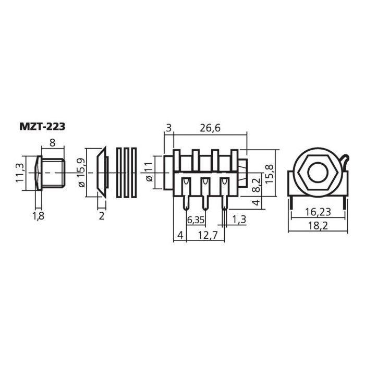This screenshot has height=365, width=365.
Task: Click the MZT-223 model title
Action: coord(42,127)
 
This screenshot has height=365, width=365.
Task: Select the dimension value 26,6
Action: coord(210,128)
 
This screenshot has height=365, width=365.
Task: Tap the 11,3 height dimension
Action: coord(20,173)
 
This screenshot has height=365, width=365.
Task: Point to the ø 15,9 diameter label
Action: coord(81,173)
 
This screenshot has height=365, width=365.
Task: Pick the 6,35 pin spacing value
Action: coord(196,220)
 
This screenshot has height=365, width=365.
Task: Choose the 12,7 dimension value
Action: coord(208,235)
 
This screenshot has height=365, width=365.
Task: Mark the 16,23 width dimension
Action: coord(318,212)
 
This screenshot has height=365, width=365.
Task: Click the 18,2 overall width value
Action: coord(318,226)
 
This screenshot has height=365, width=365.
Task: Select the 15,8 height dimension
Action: coord(270,174)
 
